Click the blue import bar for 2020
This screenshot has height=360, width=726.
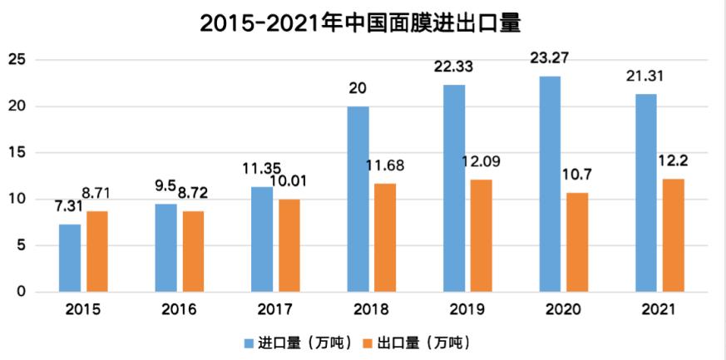549,185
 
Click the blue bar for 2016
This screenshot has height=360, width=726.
166,248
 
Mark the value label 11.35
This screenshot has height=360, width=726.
260,169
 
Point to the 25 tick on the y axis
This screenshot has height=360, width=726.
16,60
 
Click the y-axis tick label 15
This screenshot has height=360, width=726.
16,153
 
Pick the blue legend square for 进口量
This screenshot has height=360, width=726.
249,343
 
